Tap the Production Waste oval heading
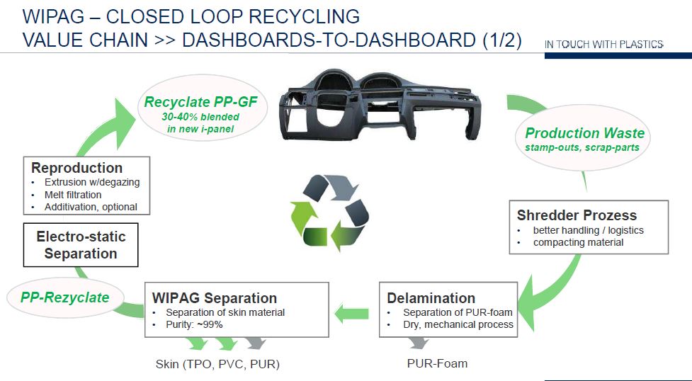point(584,133)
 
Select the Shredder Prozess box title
point(577,215)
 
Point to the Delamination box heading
point(431,297)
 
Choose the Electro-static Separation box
point(81,244)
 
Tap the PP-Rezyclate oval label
point(64,297)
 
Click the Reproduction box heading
point(77,168)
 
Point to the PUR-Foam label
point(437,363)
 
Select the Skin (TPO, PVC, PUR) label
point(217,365)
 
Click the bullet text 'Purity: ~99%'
point(193,325)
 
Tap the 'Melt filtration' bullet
point(73,195)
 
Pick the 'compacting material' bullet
point(578,242)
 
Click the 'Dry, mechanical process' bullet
point(458,325)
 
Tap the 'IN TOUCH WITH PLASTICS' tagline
point(603,45)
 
